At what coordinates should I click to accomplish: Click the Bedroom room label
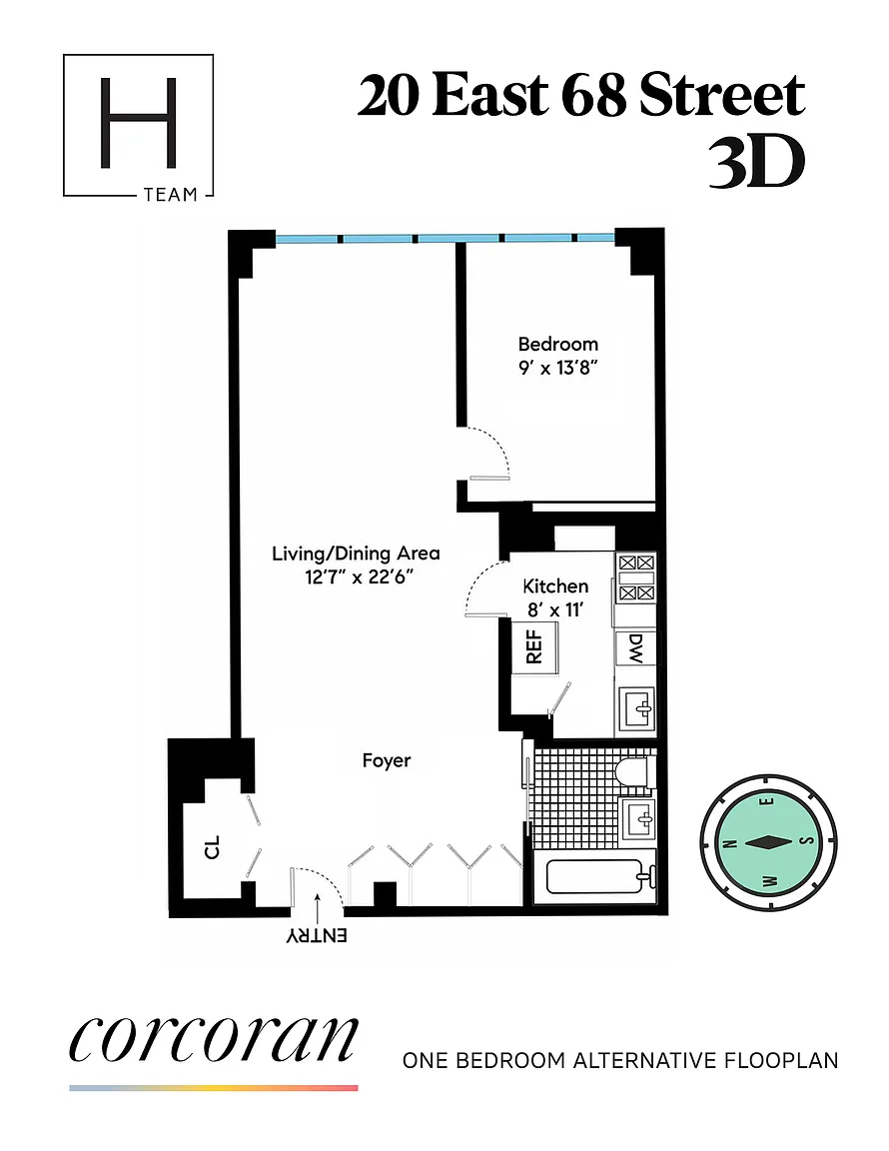pos(558,344)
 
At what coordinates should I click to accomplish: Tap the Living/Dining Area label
pos(356,554)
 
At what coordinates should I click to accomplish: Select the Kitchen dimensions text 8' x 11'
pos(555,610)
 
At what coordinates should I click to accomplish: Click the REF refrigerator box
pos(535,646)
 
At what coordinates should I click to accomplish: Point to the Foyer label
pos(387,760)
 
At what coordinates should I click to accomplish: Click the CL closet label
pos(212,847)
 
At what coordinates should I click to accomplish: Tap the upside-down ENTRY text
pos(317,936)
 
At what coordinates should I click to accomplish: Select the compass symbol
pos(768,842)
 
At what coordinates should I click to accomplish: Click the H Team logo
pos(138,126)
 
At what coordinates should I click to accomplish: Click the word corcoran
pos(214,1039)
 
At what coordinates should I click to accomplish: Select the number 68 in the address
pos(594,96)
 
